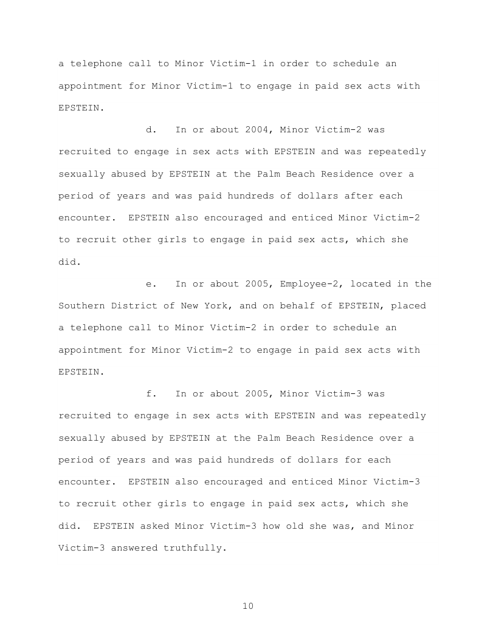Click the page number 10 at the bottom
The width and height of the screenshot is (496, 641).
click(247, 606)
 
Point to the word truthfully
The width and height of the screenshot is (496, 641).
click(192, 548)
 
